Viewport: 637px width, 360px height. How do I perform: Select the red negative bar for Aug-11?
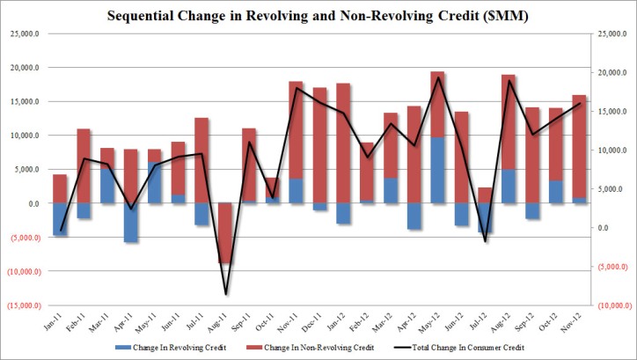click(225, 233)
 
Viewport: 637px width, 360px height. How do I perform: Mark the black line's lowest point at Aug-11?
click(226, 294)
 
